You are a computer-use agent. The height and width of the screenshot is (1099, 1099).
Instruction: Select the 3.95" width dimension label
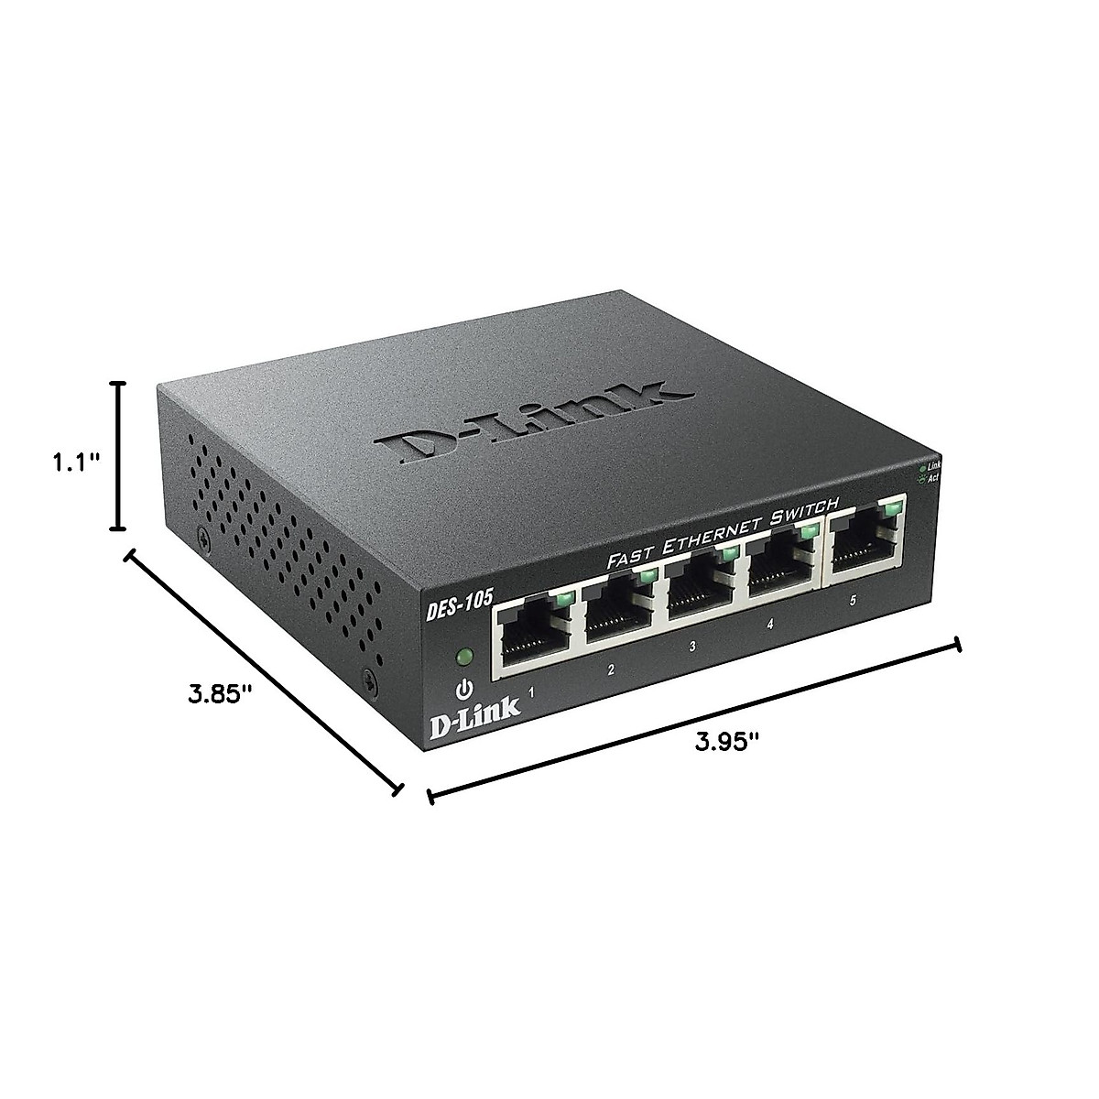point(727,742)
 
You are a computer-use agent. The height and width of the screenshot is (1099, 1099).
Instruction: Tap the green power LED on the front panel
point(464,656)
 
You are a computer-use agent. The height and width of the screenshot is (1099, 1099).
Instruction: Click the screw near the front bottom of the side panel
point(369,680)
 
